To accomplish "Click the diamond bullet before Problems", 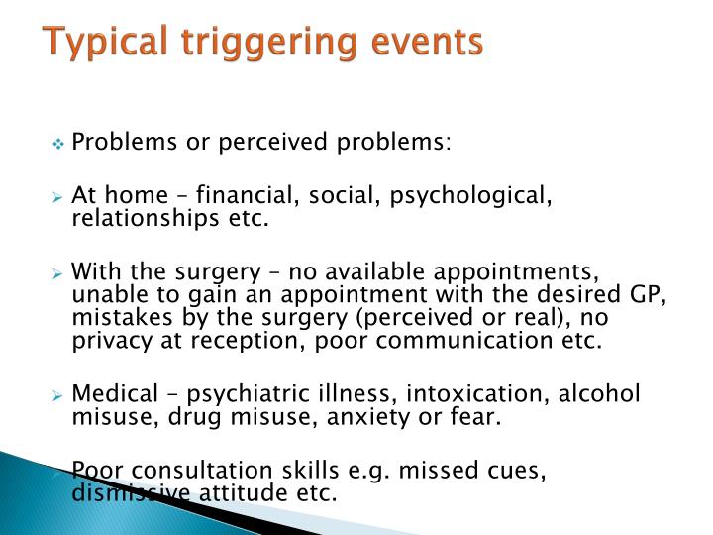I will [x=58, y=144].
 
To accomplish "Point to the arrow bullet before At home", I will [x=58, y=197].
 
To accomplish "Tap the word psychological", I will [x=470, y=196].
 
